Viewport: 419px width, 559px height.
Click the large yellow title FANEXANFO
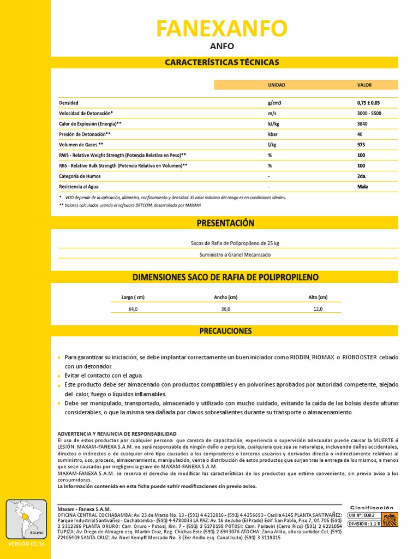222,28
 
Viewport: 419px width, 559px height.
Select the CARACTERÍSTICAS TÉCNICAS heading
222,62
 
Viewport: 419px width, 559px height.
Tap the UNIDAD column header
276,85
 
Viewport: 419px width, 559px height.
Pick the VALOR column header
364,85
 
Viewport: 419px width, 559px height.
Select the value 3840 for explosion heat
362,124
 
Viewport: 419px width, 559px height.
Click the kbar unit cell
273,134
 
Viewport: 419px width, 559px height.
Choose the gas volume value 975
361,145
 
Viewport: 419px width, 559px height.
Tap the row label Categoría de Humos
80,176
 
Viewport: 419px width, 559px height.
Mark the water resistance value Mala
362,187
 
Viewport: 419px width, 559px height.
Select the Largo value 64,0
133,309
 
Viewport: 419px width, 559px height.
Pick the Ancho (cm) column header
225,298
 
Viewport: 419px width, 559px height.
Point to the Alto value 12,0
318,309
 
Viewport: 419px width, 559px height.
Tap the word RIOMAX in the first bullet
324,357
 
